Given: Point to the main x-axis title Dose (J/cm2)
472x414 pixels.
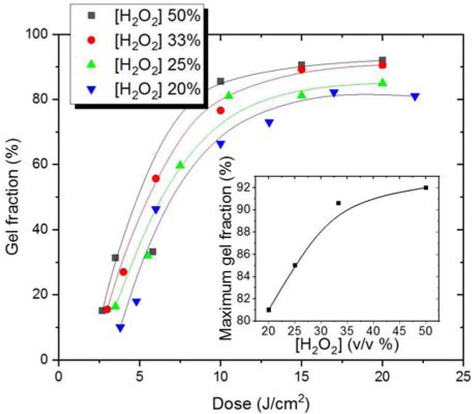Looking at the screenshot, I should [x=261, y=402].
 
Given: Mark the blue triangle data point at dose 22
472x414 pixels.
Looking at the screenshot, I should [x=415, y=97].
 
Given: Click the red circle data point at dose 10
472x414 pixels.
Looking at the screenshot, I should [x=221, y=110].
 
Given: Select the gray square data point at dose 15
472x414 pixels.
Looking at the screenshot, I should [x=301, y=65].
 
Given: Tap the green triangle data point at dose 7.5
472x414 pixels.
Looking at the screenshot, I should [x=180, y=165].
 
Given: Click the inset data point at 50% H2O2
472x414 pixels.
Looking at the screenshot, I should [x=426, y=187].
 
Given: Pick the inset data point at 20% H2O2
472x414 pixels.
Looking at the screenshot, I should [x=269, y=309].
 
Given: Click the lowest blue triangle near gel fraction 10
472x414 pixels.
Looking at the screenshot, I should [x=120, y=328].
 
